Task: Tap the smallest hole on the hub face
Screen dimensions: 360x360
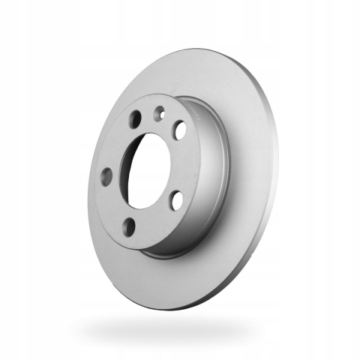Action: [x=159, y=113]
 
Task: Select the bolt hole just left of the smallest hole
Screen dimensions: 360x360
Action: [x=134, y=120]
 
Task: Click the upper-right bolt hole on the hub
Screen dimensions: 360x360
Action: [x=180, y=130]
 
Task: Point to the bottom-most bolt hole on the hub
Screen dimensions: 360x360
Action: [x=130, y=226]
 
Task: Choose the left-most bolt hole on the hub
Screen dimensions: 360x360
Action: [x=106, y=177]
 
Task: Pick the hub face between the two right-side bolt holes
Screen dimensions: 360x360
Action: [x=184, y=165]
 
